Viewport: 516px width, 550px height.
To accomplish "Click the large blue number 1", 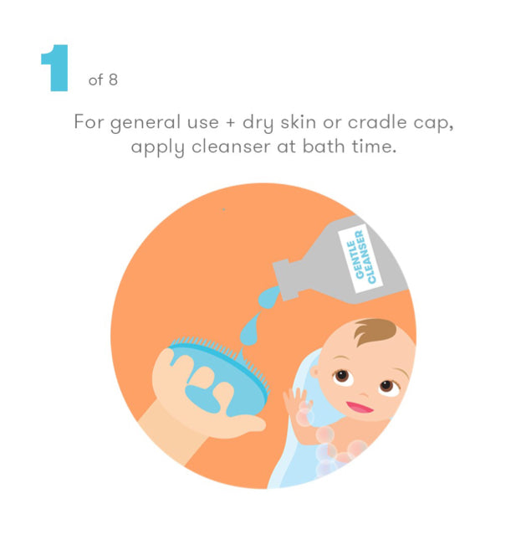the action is pos(56,68).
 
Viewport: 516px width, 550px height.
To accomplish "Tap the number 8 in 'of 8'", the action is pos(113,80).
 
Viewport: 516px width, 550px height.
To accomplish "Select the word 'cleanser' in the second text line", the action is pos(231,146).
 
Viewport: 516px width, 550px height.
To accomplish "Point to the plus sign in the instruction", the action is pos(231,123).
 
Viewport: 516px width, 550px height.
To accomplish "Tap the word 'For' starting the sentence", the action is pos(89,121).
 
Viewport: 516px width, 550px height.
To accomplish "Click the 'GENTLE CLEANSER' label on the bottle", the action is pos(360,258).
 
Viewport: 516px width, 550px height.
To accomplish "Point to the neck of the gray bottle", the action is pos(286,280).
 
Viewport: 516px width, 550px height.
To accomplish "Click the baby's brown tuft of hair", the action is pos(374,331).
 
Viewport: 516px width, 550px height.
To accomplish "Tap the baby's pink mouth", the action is pos(360,407).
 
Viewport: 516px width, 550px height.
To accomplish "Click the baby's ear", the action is pos(315,371).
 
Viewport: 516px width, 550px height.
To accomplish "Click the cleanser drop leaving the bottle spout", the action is pos(268,297).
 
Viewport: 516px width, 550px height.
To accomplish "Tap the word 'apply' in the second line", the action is pos(157,147).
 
